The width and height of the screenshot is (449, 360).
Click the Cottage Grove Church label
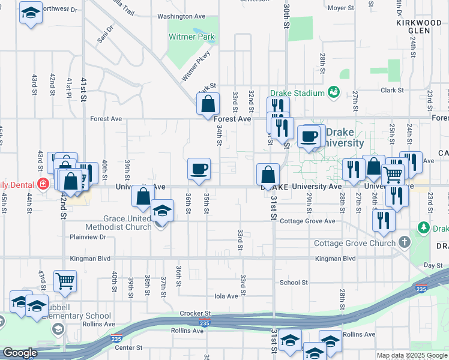(x=355, y=243)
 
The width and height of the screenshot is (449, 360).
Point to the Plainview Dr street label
(x=88, y=237)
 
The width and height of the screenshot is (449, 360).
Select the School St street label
(x=294, y=282)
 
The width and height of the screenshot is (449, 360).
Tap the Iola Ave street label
(x=226, y=296)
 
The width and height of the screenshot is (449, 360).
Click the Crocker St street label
(x=196, y=313)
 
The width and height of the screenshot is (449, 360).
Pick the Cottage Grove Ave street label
(x=307, y=221)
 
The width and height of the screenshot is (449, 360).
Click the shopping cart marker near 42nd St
(x=65, y=280)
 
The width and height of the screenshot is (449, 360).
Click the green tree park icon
(x=424, y=228)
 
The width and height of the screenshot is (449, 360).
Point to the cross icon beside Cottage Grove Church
(x=405, y=242)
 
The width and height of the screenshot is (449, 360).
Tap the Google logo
(x=20, y=353)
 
